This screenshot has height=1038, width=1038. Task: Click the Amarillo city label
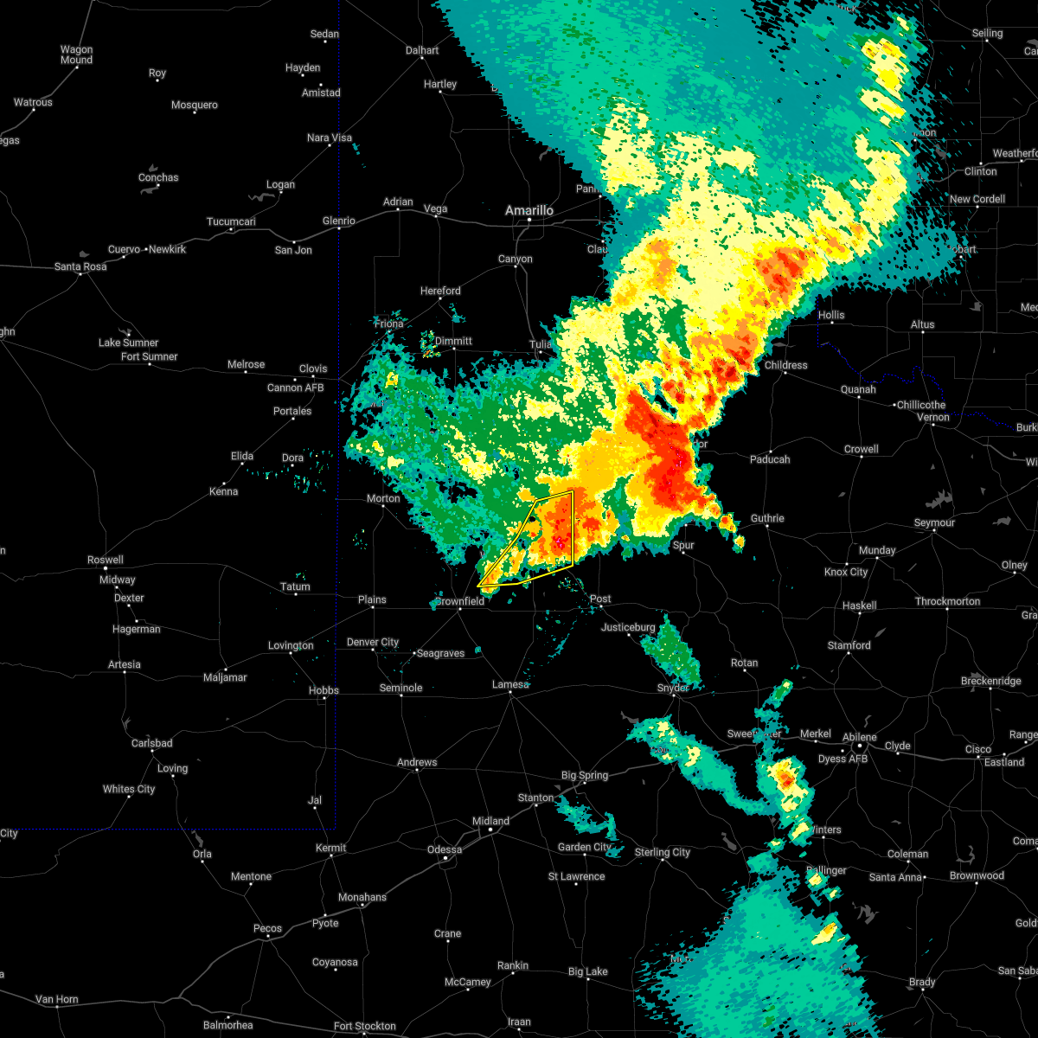(529, 210)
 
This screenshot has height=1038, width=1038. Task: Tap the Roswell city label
(105, 560)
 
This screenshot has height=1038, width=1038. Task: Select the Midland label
(490, 821)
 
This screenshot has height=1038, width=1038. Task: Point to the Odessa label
(445, 849)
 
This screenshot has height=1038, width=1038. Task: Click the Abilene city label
(860, 737)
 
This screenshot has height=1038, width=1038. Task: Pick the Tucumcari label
(232, 221)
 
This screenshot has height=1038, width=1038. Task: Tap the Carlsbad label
(151, 743)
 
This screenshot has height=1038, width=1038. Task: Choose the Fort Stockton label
(364, 1026)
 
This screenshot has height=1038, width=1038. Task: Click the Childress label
(785, 365)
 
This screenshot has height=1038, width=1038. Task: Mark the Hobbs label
(324, 690)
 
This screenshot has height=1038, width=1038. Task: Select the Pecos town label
(267, 928)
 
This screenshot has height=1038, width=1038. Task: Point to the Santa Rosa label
(80, 266)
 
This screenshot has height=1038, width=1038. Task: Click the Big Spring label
(585, 775)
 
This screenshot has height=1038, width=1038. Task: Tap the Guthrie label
(767, 518)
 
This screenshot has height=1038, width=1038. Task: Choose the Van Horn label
(56, 999)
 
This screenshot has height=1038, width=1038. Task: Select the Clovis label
(313, 368)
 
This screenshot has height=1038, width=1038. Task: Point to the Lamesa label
(509, 684)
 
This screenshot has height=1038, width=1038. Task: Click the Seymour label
(934, 522)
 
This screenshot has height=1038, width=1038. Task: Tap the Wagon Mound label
(76, 54)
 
